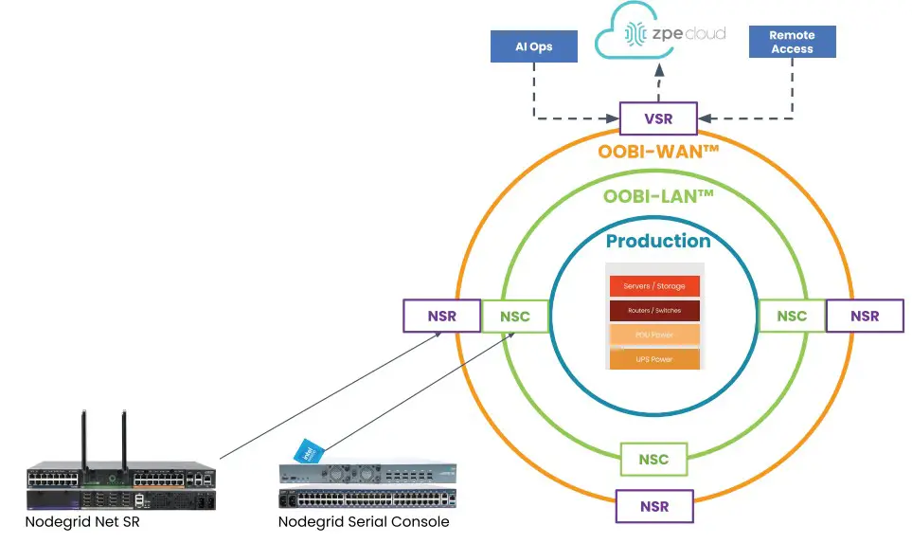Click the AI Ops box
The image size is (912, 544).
[534, 46]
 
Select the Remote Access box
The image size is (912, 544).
[792, 42]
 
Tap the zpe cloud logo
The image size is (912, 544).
[659, 35]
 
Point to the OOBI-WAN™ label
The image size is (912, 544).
[659, 152]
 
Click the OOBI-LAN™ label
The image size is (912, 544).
[658, 197]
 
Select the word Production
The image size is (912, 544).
[658, 241]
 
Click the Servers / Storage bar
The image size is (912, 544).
[654, 286]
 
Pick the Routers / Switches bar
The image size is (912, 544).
[654, 311]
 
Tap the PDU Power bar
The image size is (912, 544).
[654, 335]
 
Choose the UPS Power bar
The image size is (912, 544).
[654, 359]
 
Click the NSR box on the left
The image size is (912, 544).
[442, 316]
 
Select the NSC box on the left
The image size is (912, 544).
[515, 317]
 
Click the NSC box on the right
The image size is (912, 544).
[792, 316]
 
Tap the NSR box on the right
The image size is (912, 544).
[865, 316]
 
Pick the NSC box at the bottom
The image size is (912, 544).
[653, 460]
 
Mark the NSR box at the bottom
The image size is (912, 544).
[653, 506]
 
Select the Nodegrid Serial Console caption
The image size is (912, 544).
[364, 522]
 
